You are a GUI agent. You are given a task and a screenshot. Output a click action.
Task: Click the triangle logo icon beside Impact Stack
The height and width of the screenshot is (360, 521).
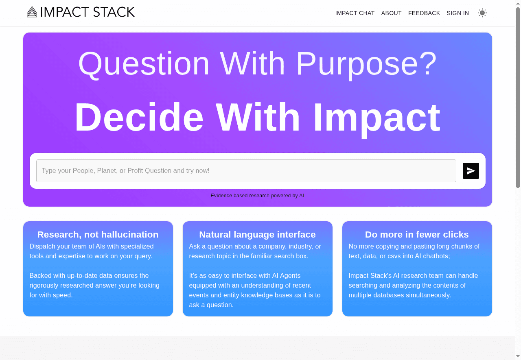tap(32, 12)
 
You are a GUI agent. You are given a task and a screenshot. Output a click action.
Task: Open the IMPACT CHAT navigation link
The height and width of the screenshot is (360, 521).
tap(355, 13)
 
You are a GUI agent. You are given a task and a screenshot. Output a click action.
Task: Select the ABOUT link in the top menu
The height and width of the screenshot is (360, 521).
tap(392, 13)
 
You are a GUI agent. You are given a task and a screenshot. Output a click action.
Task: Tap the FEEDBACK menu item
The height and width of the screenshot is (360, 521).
tap(424, 13)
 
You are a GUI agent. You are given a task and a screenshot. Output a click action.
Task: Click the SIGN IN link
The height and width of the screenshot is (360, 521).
tap(458, 13)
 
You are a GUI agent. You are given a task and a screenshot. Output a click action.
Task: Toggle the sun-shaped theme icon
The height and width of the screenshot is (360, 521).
tap(482, 13)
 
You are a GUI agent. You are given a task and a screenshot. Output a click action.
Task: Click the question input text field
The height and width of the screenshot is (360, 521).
tap(246, 171)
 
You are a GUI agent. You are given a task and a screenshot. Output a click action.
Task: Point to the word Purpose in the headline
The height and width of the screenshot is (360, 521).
tap(366, 63)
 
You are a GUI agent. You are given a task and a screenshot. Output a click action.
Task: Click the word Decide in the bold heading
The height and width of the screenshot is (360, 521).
tap(139, 117)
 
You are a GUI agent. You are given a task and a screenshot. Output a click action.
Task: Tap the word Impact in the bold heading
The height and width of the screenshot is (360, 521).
tap(377, 117)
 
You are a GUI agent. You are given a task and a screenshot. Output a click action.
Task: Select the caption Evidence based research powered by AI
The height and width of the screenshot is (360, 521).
tap(257, 196)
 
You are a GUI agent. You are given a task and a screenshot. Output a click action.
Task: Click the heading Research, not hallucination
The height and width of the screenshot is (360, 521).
tap(98, 235)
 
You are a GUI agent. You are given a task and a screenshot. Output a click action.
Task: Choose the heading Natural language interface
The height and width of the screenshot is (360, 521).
tap(257, 235)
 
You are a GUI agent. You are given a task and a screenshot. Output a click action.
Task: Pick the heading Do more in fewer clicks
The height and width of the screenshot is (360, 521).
tap(417, 235)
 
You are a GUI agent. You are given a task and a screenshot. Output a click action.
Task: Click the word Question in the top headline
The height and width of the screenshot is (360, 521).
tap(144, 63)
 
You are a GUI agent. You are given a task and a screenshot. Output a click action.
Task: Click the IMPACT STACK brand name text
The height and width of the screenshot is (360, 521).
tap(87, 12)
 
